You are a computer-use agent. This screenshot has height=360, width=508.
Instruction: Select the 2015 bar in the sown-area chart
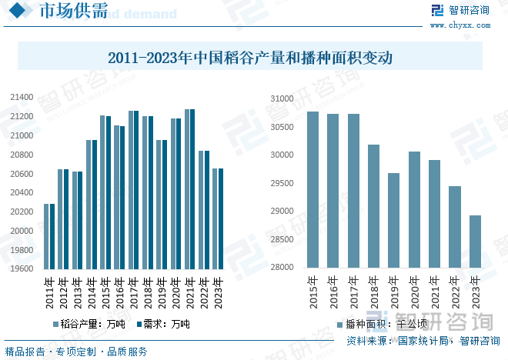(x=312, y=189)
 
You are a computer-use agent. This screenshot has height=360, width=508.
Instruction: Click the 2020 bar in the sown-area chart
(x=414, y=209)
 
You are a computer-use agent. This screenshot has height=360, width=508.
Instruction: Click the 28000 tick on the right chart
(x=282, y=268)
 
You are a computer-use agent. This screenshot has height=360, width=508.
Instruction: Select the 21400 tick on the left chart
(x=22, y=98)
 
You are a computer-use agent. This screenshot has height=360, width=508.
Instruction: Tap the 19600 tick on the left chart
(x=22, y=269)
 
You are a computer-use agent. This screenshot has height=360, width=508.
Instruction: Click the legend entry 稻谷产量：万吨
(x=89, y=325)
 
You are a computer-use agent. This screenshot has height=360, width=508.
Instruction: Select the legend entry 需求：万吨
(x=162, y=325)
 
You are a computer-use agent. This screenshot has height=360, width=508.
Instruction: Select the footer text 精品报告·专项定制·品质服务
(x=76, y=352)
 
